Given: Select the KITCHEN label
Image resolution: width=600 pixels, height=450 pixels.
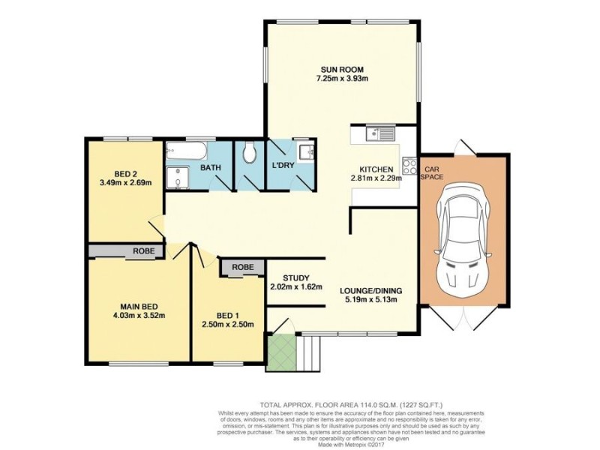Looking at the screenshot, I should coord(376,169).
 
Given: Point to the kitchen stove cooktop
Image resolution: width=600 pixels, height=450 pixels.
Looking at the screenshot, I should coord(410,165).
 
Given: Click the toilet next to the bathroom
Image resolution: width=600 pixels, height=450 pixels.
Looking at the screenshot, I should coord(248,154).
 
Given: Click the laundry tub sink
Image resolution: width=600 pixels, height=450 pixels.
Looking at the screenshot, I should coord(305,153).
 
